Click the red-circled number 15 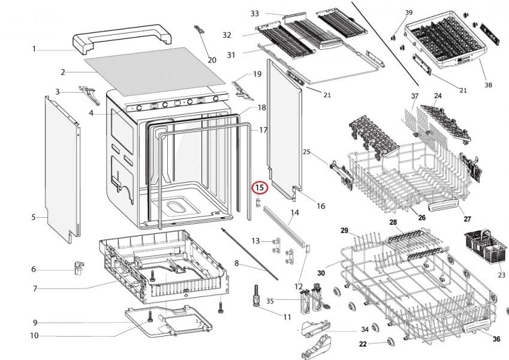point(260,188)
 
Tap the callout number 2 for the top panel point(62,72)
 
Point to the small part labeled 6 point(77,268)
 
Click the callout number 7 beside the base point(35,289)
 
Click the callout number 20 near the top point(212,59)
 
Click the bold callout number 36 point(496,339)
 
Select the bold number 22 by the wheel point(363,344)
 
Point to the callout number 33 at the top point(254,13)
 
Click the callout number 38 point(488,85)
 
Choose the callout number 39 point(409,13)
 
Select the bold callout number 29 point(345,230)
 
